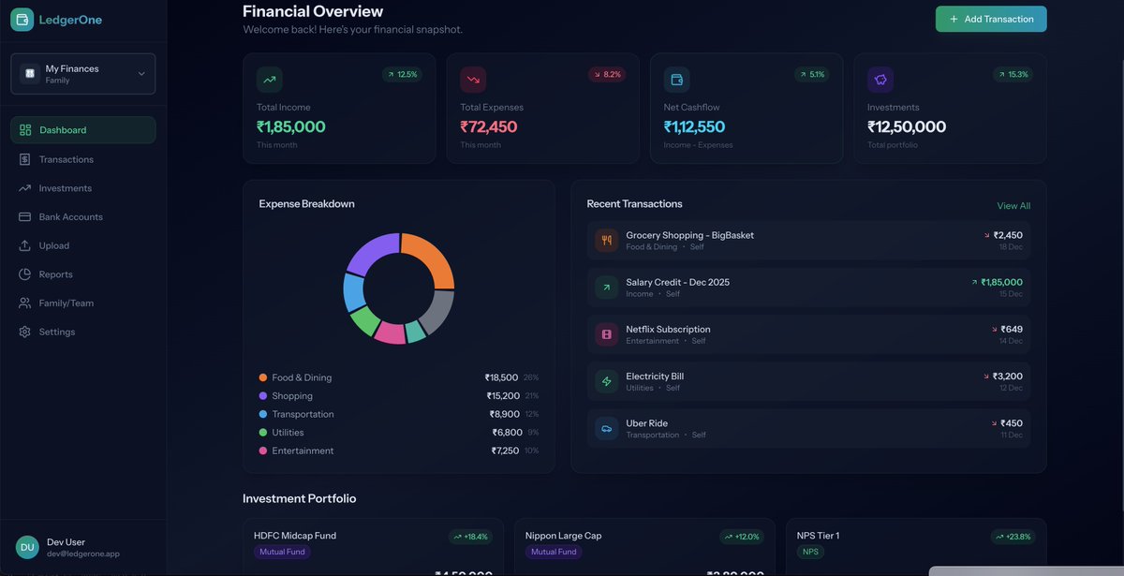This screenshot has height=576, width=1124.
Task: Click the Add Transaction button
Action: tap(990, 19)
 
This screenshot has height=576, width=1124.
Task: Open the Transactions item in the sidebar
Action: tap(66, 159)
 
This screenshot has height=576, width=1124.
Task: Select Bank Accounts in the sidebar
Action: tap(70, 217)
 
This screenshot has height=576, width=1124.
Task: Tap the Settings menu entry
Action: tap(56, 332)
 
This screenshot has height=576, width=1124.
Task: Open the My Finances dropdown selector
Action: tap(82, 74)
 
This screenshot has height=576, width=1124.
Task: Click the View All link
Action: tap(1013, 206)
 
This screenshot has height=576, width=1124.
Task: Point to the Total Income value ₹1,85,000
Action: tap(291, 126)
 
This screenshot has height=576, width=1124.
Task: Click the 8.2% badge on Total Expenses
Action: tap(606, 74)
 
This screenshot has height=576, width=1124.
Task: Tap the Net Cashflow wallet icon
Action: tap(676, 80)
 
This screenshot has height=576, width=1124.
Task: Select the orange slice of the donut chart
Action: tap(433, 259)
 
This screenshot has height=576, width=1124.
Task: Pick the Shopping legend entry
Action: tap(292, 396)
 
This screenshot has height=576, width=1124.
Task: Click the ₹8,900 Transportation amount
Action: tap(504, 414)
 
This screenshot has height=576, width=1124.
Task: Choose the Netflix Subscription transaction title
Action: tap(668, 330)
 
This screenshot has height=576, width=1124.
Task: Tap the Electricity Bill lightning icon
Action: tap(606, 381)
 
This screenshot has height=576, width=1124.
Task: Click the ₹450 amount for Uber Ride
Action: tap(1012, 423)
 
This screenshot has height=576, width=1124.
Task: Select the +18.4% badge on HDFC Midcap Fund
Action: tap(470, 537)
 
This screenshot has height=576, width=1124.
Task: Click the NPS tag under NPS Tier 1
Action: tap(810, 553)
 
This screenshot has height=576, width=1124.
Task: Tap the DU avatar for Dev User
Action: tap(27, 547)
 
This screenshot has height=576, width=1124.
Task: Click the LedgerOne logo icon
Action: tap(22, 20)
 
